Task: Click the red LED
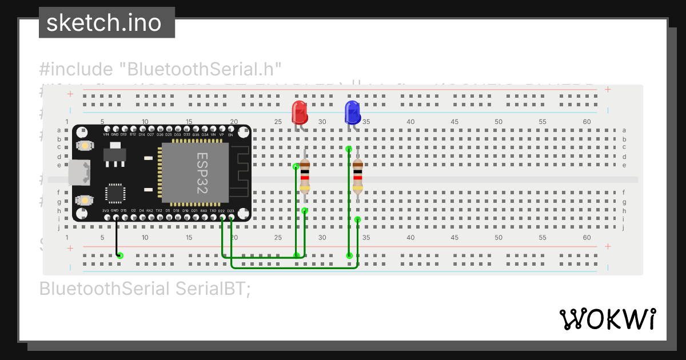[x=300, y=113]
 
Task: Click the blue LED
[x=352, y=112]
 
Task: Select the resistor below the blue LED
[x=358, y=174]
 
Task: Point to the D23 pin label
[x=231, y=211]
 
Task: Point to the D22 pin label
[x=222, y=211]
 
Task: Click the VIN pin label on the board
[x=106, y=134]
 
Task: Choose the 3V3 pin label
[x=106, y=211]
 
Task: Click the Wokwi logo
[x=607, y=319]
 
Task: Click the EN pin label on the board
[x=231, y=134]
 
